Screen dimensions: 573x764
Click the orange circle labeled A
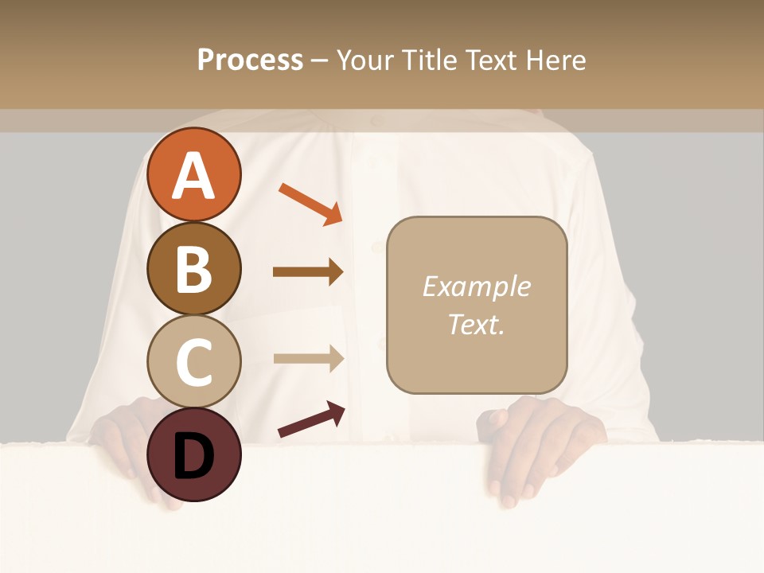click(193, 174)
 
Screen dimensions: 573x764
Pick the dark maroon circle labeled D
click(193, 454)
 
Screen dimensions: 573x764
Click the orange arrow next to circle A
click(310, 202)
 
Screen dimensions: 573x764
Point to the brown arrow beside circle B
click(308, 272)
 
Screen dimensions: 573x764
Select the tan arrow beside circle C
click(308, 358)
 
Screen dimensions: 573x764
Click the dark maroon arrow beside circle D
click(311, 419)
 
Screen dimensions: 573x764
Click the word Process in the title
click(250, 60)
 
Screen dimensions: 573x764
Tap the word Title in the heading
click(425, 60)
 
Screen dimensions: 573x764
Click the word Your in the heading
click(364, 60)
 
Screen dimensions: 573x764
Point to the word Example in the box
click(476, 286)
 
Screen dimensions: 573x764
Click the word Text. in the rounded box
click(476, 324)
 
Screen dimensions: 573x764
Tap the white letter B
click(193, 269)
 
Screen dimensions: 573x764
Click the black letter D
click(193, 456)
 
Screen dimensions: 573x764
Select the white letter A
click(193, 176)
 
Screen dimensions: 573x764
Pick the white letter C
click(193, 362)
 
